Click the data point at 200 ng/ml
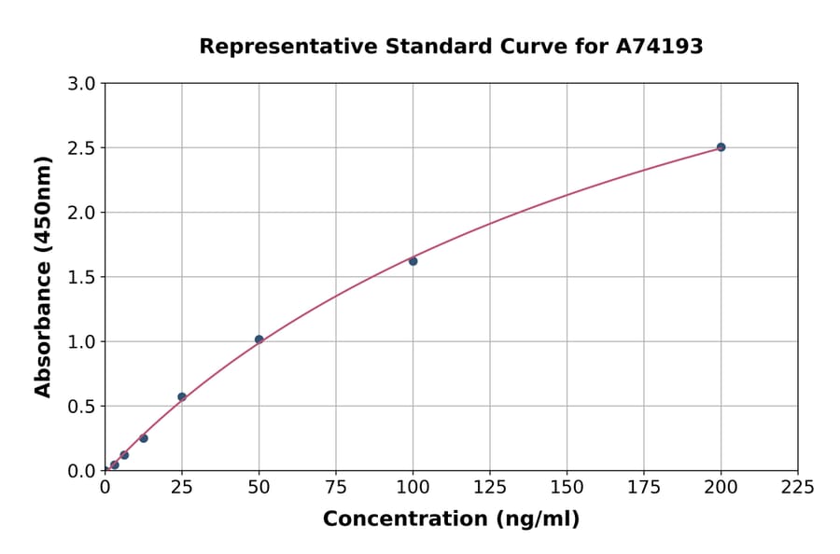[721, 147]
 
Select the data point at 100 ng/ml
[413, 261]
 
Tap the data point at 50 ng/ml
[259, 339]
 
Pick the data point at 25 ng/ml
[182, 396]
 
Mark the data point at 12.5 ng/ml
[144, 438]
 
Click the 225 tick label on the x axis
[798, 487]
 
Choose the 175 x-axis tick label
[644, 487]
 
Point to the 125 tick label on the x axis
[490, 487]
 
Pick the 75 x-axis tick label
[336, 487]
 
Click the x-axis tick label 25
[182, 487]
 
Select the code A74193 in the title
[660, 46]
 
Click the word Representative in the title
[281, 46]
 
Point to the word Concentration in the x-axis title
[406, 519]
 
